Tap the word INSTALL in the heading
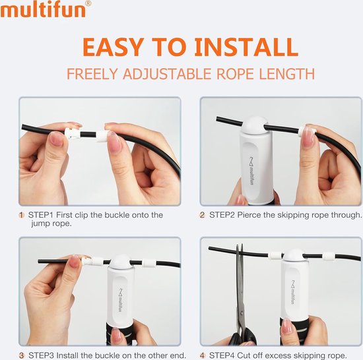pyautogui.click(x=246, y=47)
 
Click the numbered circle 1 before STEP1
pyautogui.click(x=21, y=215)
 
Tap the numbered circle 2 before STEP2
pyautogui.click(x=203, y=215)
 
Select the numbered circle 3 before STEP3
pyautogui.click(x=21, y=355)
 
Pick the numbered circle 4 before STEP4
pyautogui.click(x=203, y=355)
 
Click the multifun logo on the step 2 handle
pyautogui.click(x=251, y=171)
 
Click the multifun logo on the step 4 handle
pyautogui.click(x=293, y=292)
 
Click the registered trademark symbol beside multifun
pyautogui.click(x=88, y=3)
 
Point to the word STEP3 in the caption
pyautogui.click(x=41, y=355)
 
